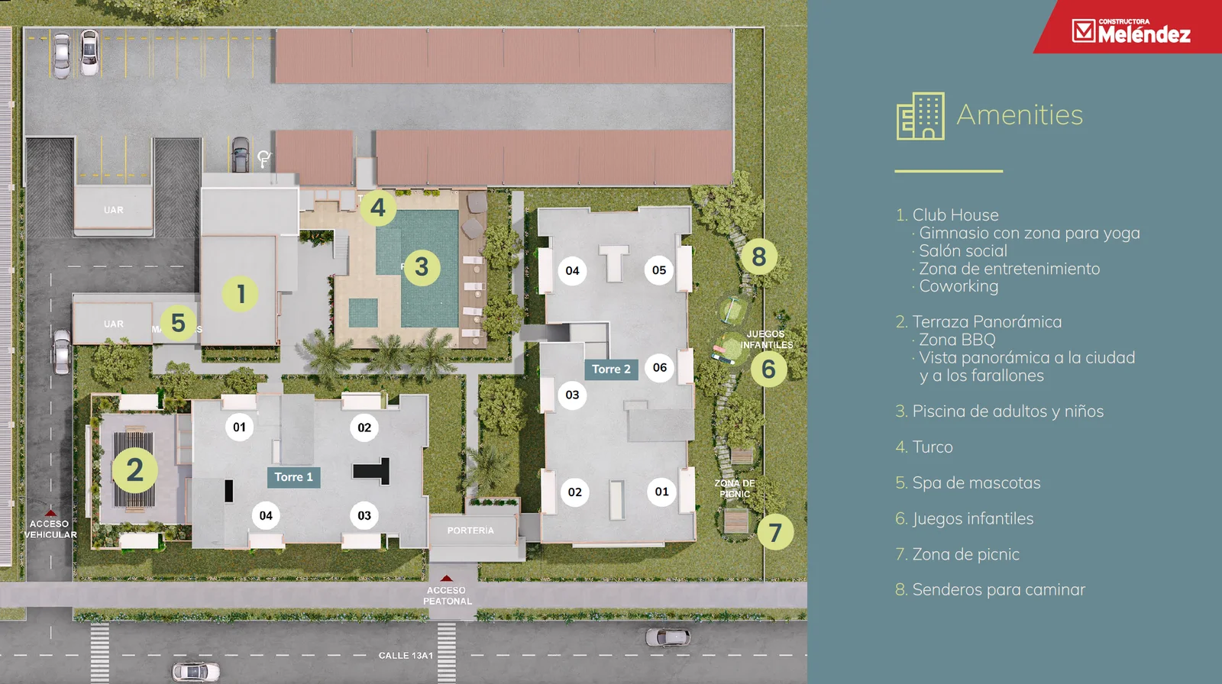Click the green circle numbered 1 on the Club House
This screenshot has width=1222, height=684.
241,294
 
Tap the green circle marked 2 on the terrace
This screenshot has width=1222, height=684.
134,470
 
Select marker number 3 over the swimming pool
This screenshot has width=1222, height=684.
422,267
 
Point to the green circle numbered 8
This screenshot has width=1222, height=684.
759,256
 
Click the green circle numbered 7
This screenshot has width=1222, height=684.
775,532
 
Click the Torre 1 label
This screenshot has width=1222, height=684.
293,477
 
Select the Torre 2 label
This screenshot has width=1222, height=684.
611,369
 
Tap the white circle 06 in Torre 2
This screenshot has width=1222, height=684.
660,368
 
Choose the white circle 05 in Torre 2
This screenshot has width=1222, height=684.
659,270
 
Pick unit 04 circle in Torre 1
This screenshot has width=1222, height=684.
266,515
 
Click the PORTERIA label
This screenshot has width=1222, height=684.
470,531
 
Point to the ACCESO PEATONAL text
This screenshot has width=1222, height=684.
447,595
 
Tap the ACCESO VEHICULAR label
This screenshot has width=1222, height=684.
50,529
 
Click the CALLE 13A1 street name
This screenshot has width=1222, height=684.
406,656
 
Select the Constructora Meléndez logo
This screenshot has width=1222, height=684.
1131,31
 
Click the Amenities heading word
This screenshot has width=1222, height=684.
1020,115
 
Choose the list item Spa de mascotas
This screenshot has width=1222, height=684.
968,482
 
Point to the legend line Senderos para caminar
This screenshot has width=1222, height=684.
990,589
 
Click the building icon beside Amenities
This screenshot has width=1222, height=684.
920,115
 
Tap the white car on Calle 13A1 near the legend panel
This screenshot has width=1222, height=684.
668,637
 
